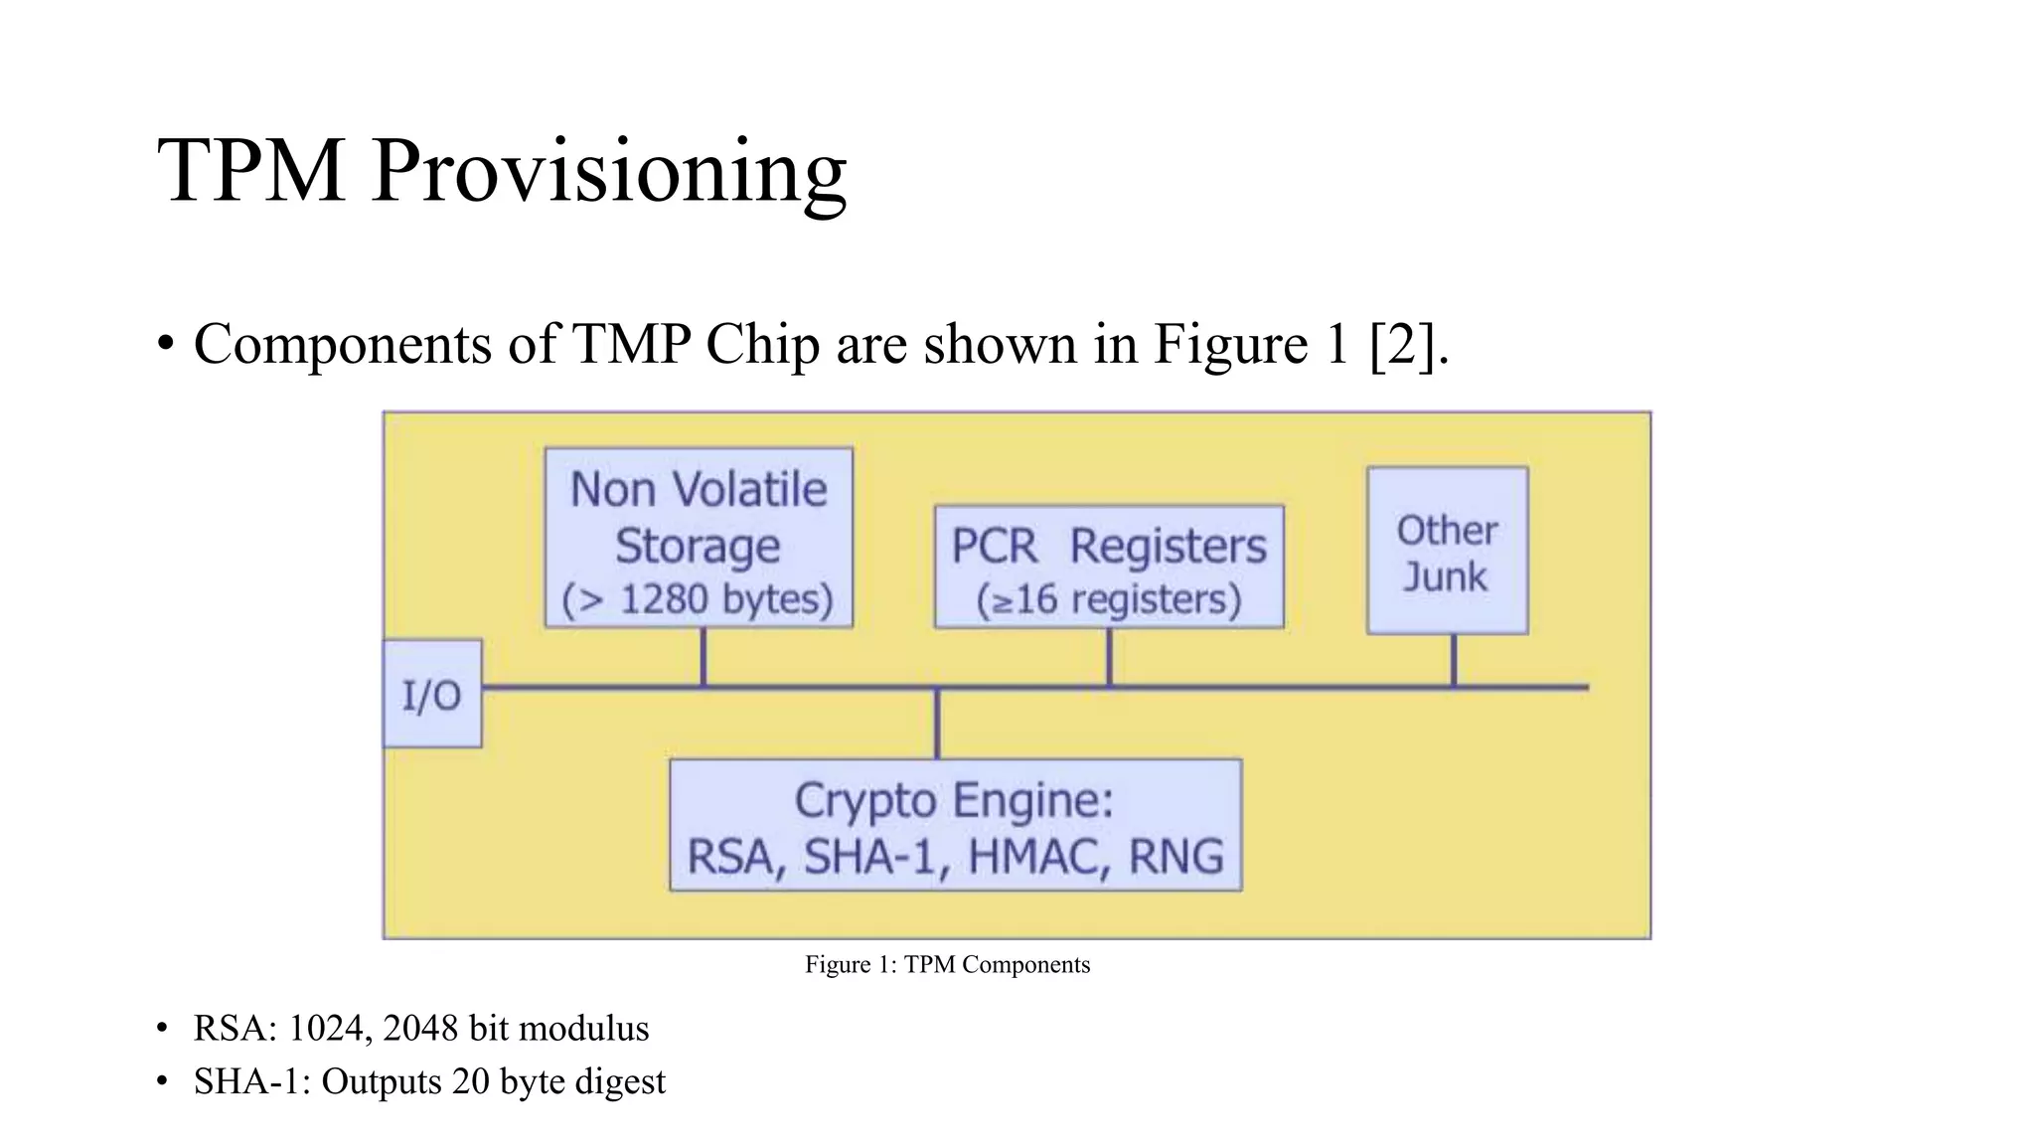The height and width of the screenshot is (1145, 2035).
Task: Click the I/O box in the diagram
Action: click(x=432, y=694)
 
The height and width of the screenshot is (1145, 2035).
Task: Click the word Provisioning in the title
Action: click(x=608, y=171)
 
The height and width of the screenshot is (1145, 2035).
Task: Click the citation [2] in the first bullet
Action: click(x=1401, y=345)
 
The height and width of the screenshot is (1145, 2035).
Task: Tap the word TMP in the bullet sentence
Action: click(x=632, y=345)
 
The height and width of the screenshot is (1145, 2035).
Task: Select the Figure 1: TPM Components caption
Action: click(x=947, y=964)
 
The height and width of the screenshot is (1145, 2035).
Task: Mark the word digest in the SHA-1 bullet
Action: click(x=620, y=1081)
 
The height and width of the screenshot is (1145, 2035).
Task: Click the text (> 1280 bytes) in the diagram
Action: click(x=698, y=599)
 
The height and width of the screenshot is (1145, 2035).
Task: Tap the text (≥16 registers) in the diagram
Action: click(x=1109, y=599)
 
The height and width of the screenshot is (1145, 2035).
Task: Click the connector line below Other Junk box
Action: click(x=1454, y=660)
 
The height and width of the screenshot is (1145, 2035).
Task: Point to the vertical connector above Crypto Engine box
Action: click(x=937, y=724)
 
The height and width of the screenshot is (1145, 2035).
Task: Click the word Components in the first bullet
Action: click(x=343, y=345)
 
